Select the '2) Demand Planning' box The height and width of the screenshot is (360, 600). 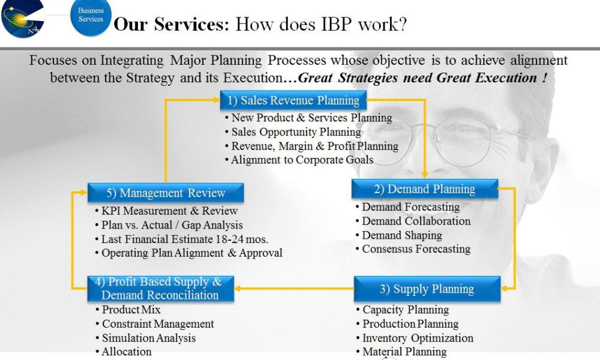[424, 189]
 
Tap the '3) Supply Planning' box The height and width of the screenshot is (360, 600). [427, 289]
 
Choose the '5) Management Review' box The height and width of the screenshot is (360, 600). [166, 193]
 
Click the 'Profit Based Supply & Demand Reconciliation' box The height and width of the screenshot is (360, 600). [160, 288]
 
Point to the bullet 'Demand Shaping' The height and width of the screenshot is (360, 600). [401, 235]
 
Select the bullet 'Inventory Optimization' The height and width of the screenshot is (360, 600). [418, 338]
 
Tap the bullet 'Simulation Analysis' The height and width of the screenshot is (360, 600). [148, 338]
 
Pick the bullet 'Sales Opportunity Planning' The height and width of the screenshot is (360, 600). [296, 132]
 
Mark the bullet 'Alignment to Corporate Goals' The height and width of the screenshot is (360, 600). [302, 160]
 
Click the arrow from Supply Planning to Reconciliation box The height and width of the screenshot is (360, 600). [294, 289]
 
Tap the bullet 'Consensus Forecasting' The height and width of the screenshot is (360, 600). [416, 249]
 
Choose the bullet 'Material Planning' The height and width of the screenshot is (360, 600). [404, 352]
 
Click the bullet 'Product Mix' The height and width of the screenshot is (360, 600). [131, 310]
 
